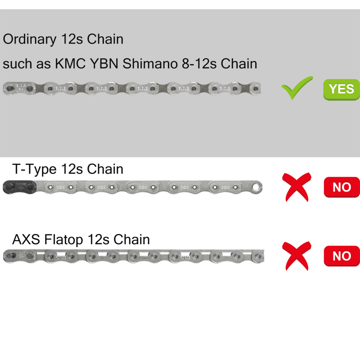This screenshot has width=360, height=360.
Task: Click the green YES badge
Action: tap(341, 90)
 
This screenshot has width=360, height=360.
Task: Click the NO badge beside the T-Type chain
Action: tap(342, 187)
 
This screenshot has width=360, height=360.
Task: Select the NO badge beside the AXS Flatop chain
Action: tap(342, 256)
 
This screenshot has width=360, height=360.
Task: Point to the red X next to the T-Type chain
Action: tap(296, 187)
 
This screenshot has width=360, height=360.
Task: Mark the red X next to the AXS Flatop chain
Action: tap(296, 256)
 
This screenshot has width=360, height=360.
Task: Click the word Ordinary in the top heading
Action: tap(30, 40)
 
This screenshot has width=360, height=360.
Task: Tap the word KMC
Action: tap(70, 64)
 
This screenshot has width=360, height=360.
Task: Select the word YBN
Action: tap(104, 64)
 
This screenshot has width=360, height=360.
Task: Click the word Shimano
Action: tap(150, 64)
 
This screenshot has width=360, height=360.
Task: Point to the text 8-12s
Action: tap(199, 64)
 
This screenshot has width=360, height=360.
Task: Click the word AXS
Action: tap(26, 239)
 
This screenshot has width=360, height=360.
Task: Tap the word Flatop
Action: tap(64, 240)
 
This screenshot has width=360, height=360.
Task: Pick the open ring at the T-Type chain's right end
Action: tap(256, 187)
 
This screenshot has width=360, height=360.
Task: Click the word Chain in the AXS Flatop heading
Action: tap(131, 239)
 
